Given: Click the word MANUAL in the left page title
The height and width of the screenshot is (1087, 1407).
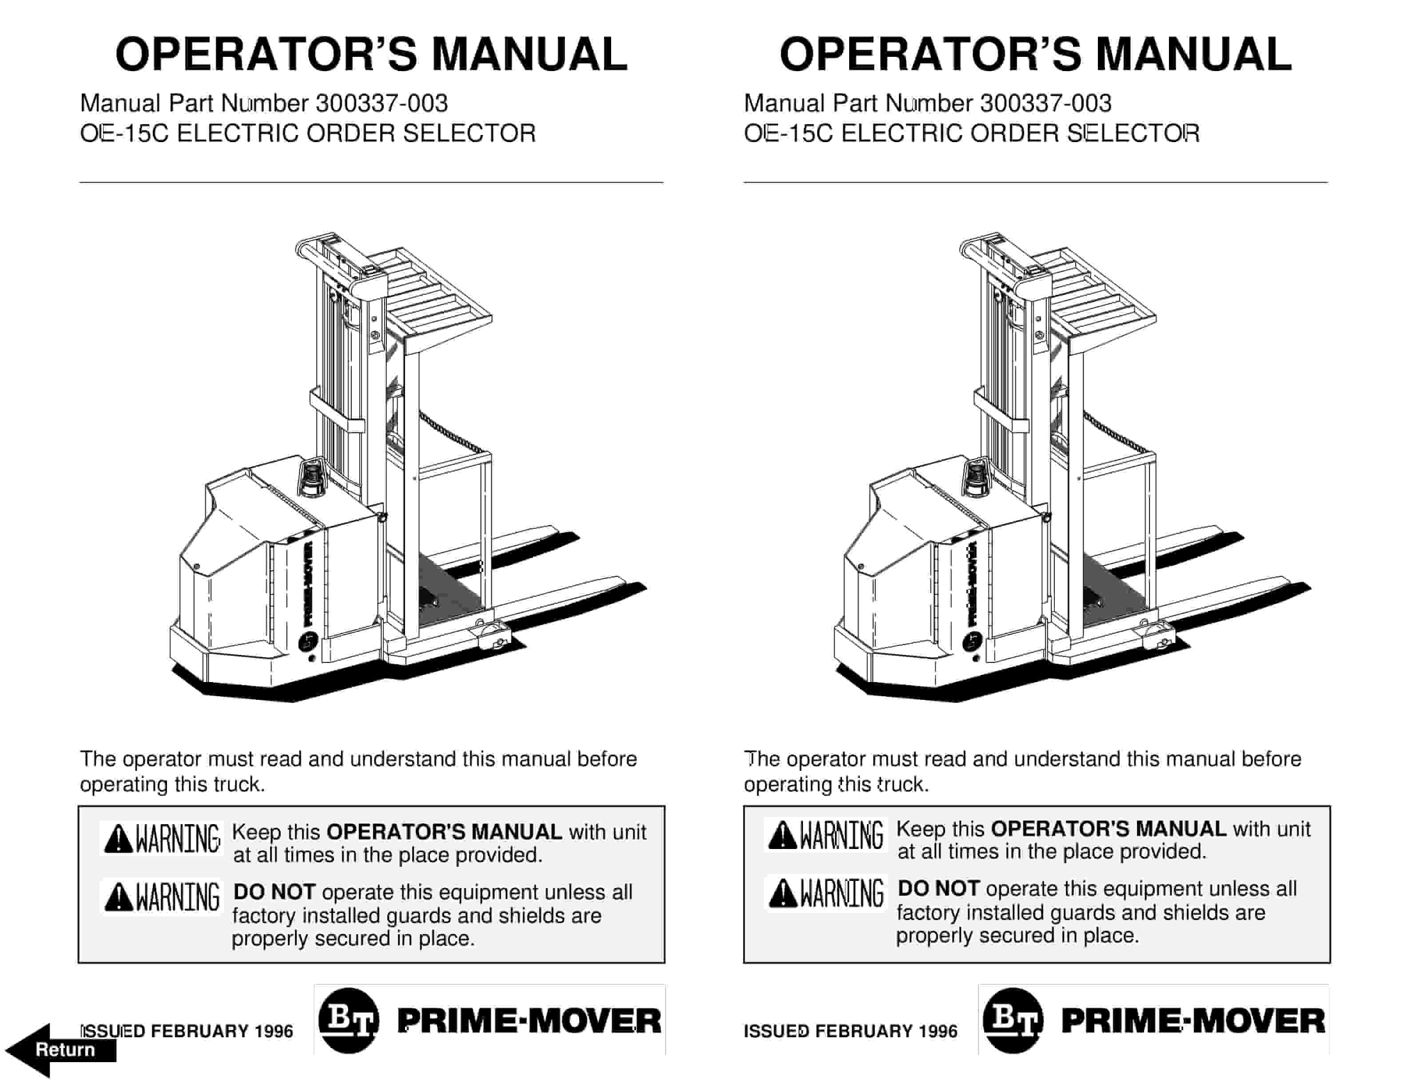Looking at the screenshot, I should [529, 55].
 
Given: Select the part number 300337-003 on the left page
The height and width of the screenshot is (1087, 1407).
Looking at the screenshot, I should [382, 103].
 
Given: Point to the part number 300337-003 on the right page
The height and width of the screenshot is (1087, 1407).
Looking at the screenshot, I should [1045, 103].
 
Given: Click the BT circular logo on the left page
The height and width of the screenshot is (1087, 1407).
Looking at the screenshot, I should [349, 1021].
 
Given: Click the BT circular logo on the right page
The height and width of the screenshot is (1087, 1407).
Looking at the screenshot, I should [1013, 1021].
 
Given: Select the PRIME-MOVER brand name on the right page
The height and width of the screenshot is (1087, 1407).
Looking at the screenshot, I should [1193, 1021].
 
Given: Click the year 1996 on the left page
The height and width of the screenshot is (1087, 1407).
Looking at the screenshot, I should [274, 1031].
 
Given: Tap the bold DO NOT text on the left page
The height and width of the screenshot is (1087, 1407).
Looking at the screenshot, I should [274, 892].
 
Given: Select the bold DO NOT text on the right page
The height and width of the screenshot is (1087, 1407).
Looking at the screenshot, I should [938, 889].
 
